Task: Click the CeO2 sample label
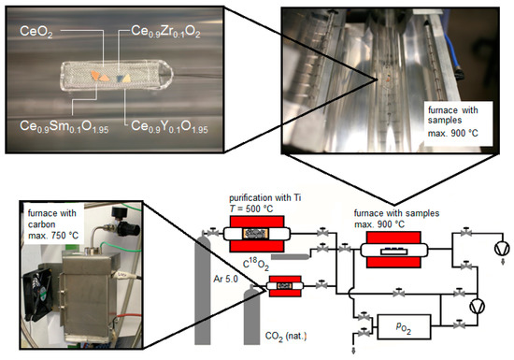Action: (x=36, y=32)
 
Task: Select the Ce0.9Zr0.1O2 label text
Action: (x=165, y=32)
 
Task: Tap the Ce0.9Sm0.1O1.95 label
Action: (x=64, y=126)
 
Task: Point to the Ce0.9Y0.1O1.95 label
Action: (x=169, y=126)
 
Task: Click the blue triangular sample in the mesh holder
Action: (x=120, y=78)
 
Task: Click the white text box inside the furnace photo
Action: (x=458, y=122)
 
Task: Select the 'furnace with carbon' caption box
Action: (x=53, y=223)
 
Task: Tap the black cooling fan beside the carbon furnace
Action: (x=38, y=290)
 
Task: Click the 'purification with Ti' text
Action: (x=264, y=198)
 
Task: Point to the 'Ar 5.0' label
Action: (x=225, y=279)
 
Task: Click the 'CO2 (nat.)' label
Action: (x=286, y=337)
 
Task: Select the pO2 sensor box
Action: (x=404, y=326)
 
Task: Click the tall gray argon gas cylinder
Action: (x=202, y=289)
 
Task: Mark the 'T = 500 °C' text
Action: (x=251, y=209)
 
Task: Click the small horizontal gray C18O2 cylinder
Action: (x=291, y=256)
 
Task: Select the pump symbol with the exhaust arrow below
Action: (x=502, y=249)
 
